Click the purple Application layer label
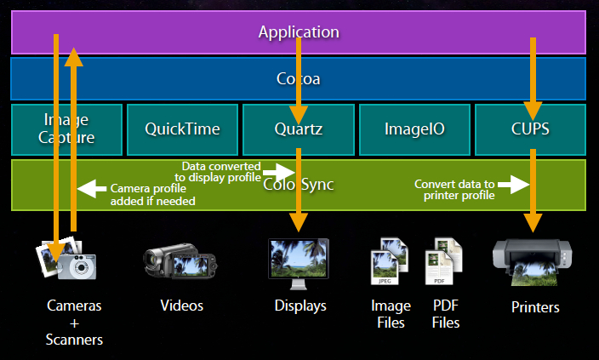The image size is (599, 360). (x=299, y=32)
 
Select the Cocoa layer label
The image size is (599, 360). (x=299, y=79)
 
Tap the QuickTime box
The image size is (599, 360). (x=182, y=129)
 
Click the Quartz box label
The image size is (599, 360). (x=299, y=129)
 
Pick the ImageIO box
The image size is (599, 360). (x=415, y=129)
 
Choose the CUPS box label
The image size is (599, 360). (x=532, y=129)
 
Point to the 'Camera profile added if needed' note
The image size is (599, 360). (x=153, y=195)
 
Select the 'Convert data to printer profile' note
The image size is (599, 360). (x=455, y=190)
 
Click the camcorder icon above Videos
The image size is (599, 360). (x=177, y=262)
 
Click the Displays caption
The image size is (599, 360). (x=300, y=305)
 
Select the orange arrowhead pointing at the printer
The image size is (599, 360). (x=533, y=223)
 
